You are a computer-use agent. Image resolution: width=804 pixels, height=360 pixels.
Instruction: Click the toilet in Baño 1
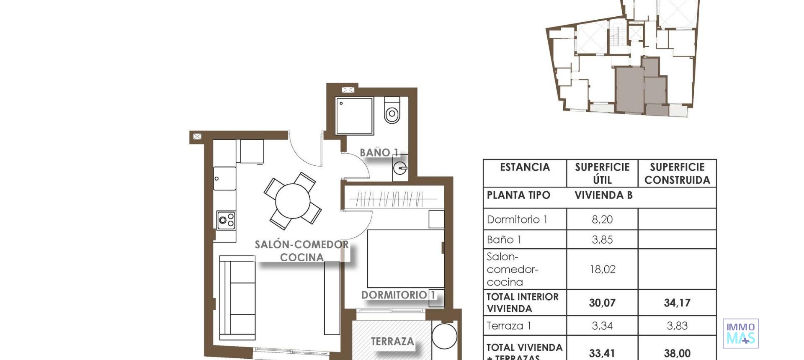392,111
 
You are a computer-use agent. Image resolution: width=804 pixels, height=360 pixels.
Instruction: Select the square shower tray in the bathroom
354,116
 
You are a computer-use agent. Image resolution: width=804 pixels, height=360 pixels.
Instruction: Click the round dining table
293,201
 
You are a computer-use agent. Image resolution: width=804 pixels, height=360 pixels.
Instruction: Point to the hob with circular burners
226,220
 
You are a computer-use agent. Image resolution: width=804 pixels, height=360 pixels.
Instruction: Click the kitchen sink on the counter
224,178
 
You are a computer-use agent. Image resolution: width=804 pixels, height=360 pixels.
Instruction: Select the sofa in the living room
237,298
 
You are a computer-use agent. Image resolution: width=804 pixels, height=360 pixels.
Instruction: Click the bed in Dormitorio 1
405,258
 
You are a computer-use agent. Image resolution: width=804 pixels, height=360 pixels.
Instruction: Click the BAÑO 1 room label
379,153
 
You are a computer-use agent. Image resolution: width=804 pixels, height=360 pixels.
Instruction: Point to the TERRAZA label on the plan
392,342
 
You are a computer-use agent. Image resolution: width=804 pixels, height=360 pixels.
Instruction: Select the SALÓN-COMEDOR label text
301,245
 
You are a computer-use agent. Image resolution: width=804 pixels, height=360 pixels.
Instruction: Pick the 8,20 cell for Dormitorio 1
602,219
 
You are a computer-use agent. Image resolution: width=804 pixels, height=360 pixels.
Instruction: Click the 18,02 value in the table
602,269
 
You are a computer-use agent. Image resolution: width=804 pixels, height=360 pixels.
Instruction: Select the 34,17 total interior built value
677,303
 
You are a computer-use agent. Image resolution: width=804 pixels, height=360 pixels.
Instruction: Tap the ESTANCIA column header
525,167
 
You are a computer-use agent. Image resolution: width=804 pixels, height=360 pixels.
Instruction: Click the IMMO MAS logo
740,333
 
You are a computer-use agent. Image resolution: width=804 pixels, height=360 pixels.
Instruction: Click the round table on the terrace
444,336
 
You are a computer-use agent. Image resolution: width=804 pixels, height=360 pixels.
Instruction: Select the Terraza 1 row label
509,326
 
